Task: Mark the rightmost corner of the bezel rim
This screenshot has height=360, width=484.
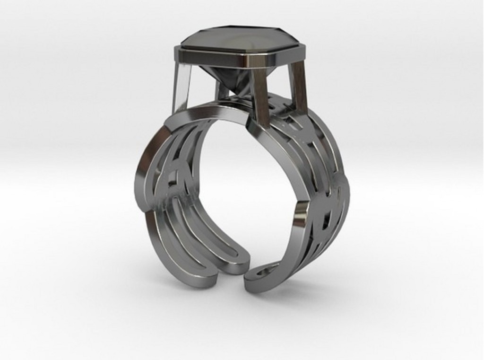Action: [304, 48]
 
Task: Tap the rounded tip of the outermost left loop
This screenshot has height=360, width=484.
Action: [208, 281]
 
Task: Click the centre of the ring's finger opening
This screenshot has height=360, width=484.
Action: [246, 189]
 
